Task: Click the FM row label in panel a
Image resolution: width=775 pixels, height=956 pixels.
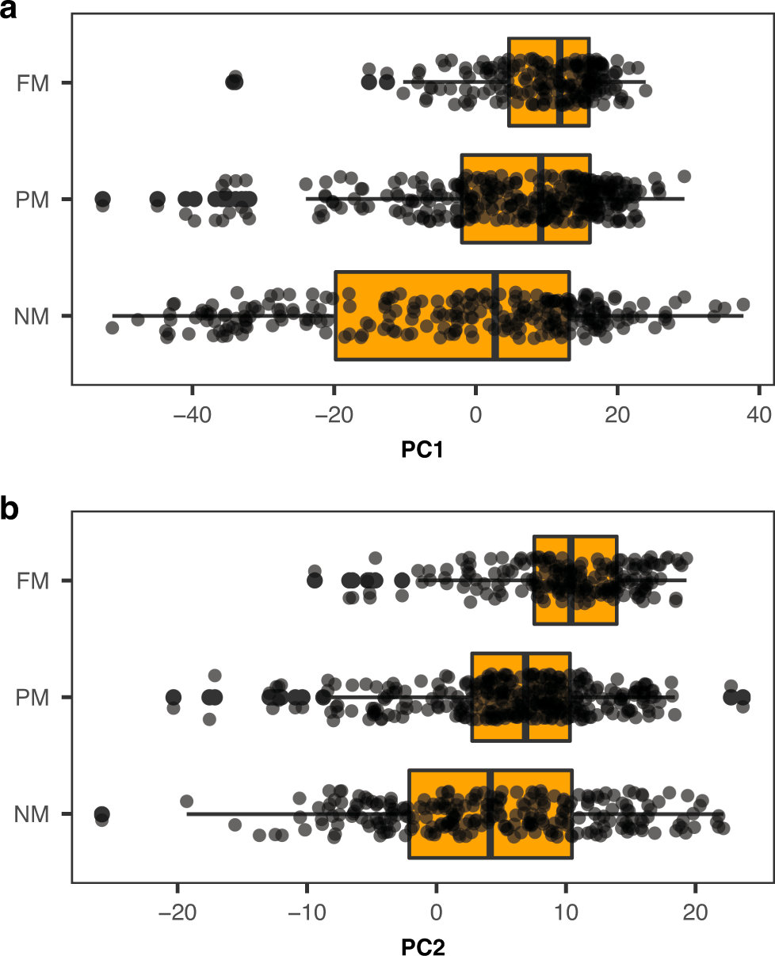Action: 33,82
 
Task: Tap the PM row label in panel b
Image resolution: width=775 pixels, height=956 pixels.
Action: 32,698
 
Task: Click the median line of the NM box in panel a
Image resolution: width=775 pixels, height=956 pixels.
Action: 496,316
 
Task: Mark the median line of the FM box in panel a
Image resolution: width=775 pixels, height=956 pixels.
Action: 560,82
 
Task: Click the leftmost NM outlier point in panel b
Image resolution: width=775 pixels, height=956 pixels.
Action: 101,814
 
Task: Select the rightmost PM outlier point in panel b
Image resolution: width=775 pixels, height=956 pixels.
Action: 743,697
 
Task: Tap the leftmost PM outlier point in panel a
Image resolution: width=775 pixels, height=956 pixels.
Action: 102,199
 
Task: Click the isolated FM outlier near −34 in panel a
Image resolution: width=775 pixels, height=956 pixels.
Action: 235,81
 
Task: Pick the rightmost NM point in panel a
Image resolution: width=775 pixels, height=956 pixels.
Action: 743,305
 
